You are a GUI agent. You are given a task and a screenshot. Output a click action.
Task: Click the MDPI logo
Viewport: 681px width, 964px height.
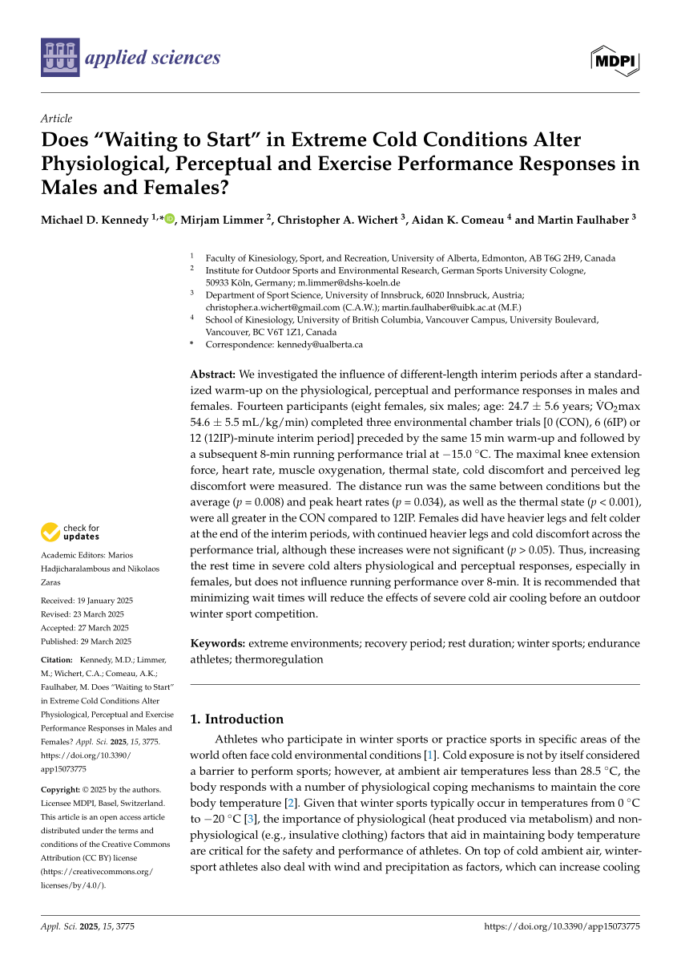tap(615, 59)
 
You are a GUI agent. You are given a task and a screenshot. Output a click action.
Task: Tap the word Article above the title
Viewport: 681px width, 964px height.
tap(56, 118)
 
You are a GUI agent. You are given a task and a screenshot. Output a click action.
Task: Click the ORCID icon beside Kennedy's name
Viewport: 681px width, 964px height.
tap(169, 219)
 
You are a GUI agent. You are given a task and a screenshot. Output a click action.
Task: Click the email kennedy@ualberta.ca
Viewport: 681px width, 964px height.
tap(320, 344)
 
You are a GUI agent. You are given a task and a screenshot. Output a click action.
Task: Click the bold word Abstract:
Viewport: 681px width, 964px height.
tap(212, 374)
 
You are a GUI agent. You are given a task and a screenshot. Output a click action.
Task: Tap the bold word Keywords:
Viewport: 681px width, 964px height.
tap(218, 643)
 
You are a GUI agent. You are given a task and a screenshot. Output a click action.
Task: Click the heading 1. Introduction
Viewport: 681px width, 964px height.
tap(236, 719)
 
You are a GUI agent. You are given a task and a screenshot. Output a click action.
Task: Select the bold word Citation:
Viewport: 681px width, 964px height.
tap(56, 659)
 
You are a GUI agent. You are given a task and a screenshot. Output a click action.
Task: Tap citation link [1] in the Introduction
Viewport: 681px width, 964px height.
tap(429, 755)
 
